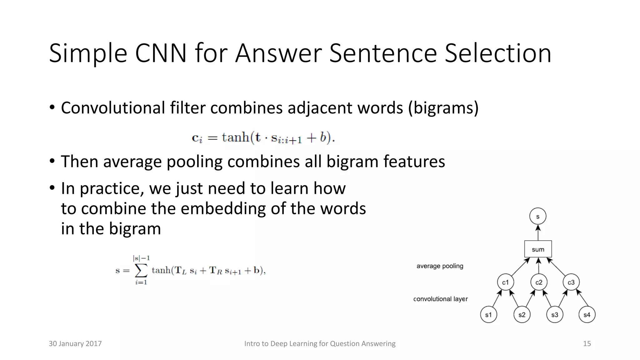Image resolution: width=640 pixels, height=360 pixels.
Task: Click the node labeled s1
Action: (488, 315)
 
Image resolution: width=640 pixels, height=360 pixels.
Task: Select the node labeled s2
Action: (522, 315)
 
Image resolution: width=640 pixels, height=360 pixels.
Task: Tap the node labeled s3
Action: (555, 315)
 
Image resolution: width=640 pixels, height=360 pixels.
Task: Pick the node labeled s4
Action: (587, 315)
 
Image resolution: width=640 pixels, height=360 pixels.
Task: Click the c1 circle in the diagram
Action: (505, 282)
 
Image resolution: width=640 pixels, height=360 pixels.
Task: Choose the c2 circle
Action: (539, 282)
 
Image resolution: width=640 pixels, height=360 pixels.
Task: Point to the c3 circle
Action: (571, 282)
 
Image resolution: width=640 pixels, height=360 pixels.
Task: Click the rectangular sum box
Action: (538, 249)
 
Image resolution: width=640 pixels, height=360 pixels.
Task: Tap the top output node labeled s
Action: (538, 216)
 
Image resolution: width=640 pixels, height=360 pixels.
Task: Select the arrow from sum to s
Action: (538, 233)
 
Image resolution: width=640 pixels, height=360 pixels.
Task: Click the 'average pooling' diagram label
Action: (440, 266)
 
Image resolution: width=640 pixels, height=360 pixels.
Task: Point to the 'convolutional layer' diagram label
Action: (440, 299)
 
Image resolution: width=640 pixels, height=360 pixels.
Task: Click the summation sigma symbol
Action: (141, 270)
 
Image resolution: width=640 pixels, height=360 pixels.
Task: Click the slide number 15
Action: (587, 343)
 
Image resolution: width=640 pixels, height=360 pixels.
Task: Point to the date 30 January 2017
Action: (75, 343)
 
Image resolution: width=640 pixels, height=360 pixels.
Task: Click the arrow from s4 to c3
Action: (582, 298)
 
